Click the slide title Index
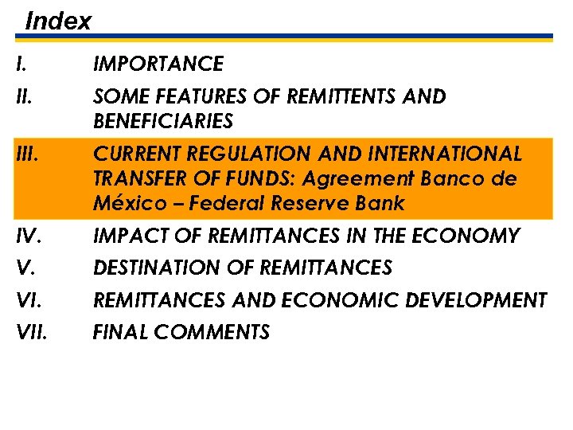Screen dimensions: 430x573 58,20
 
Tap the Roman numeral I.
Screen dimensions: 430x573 19,63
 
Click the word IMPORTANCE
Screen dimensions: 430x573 158,63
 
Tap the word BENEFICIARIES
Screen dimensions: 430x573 163,121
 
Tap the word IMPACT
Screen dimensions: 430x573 127,236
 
